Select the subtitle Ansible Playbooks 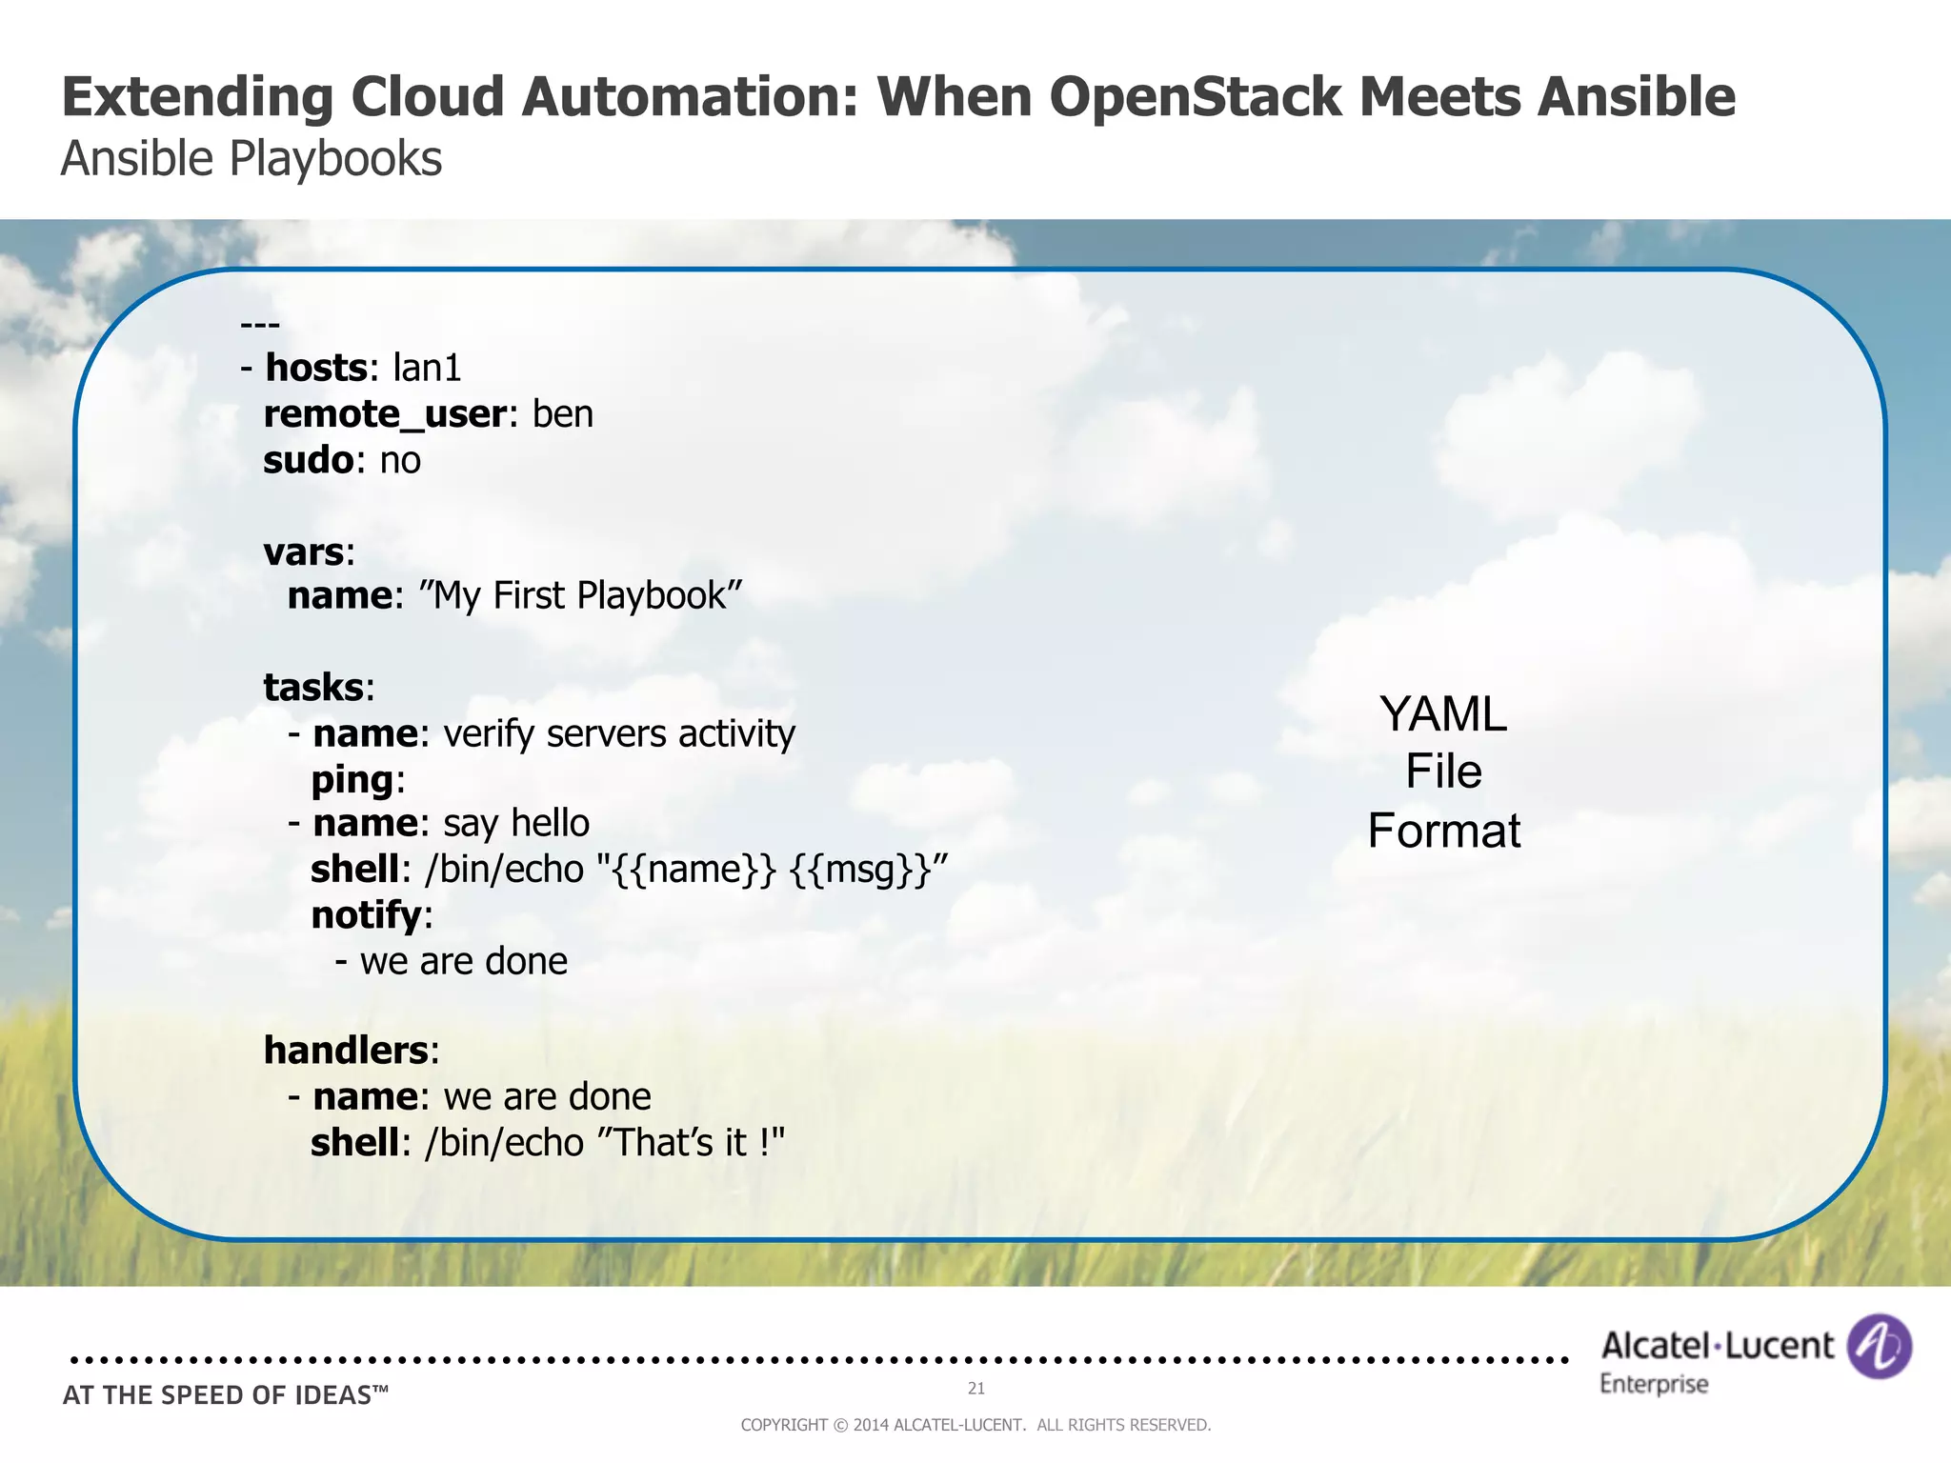(x=251, y=159)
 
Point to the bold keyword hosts (x=315, y=368)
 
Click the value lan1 (x=427, y=368)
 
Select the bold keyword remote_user (x=384, y=414)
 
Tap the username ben (x=562, y=414)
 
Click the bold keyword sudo (x=308, y=460)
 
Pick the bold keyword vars (x=303, y=552)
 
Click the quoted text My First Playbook (x=580, y=596)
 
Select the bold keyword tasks (x=312, y=688)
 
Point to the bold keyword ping (x=352, y=780)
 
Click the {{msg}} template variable (x=860, y=870)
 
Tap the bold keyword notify (x=366, y=915)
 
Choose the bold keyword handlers (x=345, y=1051)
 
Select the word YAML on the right (x=1442, y=714)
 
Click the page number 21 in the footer (x=975, y=1389)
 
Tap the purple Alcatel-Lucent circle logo (x=1879, y=1347)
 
